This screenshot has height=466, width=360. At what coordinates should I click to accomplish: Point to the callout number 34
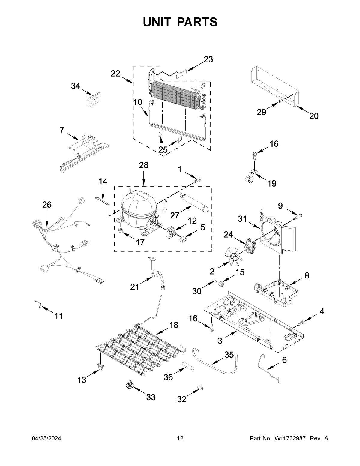[x=75, y=86]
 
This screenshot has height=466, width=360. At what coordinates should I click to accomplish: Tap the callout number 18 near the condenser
[x=173, y=325]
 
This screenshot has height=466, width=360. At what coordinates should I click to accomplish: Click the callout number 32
[x=182, y=399]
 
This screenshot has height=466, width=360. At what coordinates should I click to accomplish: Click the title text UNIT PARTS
[x=180, y=22]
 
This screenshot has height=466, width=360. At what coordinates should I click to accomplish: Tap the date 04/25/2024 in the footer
[x=46, y=438]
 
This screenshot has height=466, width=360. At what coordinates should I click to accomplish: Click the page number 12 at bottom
[x=180, y=438]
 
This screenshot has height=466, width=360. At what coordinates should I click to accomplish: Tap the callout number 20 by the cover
[x=314, y=116]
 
